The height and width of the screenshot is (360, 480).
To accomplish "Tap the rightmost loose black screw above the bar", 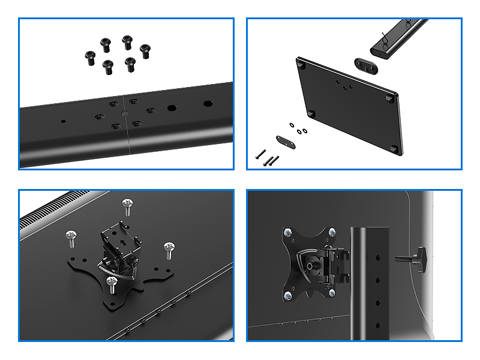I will [145, 50].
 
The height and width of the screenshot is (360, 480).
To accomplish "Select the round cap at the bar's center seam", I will [125, 112].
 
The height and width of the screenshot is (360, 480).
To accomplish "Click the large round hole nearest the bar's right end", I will [207, 103].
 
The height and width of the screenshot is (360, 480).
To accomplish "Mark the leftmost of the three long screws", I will [260, 154].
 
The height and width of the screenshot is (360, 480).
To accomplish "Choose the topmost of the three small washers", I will [292, 125].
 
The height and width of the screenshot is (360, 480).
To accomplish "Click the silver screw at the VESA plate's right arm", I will [169, 249].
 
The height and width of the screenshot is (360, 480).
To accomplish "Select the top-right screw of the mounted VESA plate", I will [331, 235].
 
